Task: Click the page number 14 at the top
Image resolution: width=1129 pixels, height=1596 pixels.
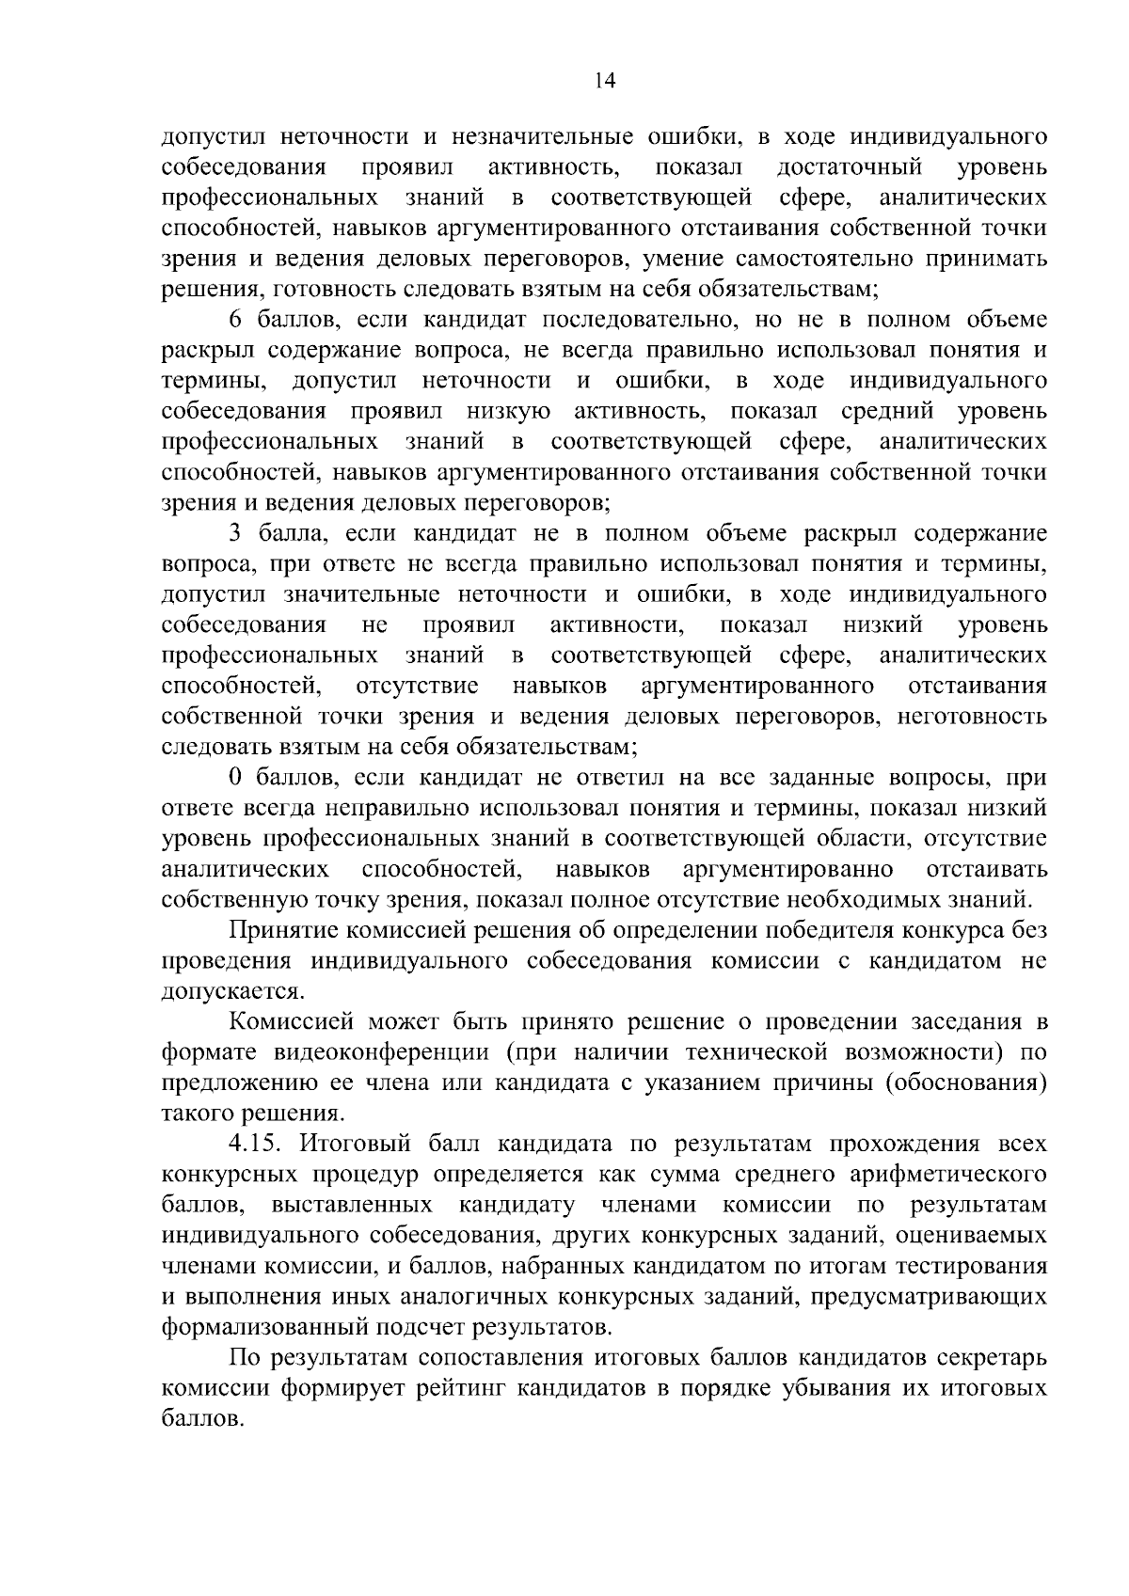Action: tap(604, 82)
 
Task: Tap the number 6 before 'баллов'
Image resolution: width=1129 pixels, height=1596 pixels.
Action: tap(235, 320)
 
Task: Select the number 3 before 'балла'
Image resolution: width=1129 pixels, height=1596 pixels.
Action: tap(235, 533)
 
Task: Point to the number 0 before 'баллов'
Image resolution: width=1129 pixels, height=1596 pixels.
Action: tap(235, 778)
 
